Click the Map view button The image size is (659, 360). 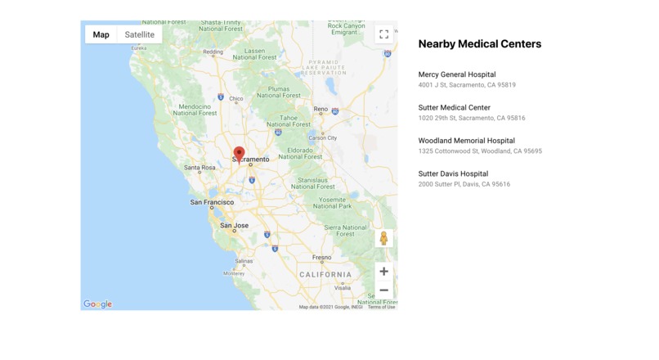click(x=101, y=34)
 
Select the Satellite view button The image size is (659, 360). click(x=140, y=34)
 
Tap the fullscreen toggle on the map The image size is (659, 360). click(x=383, y=34)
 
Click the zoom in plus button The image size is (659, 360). click(x=383, y=272)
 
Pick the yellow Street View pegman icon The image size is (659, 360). click(x=383, y=238)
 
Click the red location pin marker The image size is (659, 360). click(x=239, y=154)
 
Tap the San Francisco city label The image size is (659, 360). click(x=212, y=202)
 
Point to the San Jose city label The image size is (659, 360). click(x=234, y=225)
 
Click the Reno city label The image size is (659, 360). click(x=321, y=109)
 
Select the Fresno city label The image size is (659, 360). click(x=321, y=257)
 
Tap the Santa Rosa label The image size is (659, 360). click(x=199, y=168)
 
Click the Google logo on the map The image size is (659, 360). click(x=97, y=304)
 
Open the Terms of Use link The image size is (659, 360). click(x=381, y=307)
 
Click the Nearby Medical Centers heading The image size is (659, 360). click(x=479, y=44)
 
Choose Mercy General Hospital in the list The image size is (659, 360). click(x=457, y=74)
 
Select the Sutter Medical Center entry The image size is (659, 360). click(x=454, y=107)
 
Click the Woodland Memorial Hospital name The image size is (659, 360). click(x=466, y=141)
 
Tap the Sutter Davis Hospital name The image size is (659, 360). click(x=453, y=173)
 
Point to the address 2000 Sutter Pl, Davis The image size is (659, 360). click(x=464, y=184)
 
